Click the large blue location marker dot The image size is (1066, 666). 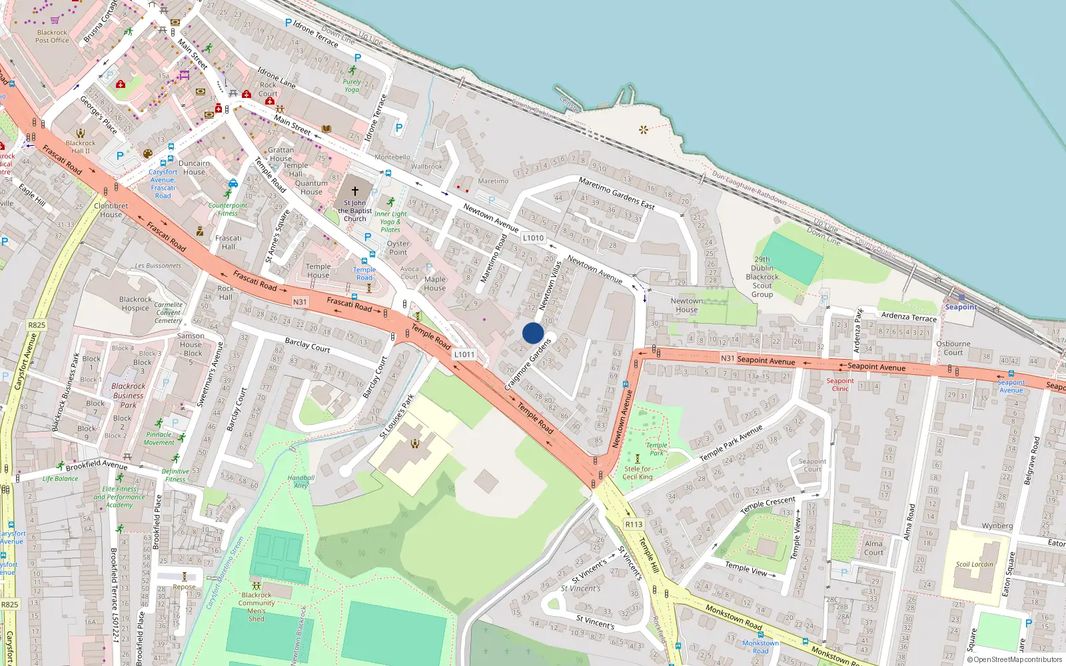pyautogui.click(x=533, y=333)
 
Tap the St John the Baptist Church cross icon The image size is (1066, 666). pyautogui.click(x=354, y=190)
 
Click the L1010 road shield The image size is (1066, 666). pyautogui.click(x=533, y=238)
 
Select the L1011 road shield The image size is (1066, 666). pyautogui.click(x=464, y=354)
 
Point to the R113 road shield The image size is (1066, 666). pyautogui.click(x=634, y=524)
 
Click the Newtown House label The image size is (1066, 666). pyautogui.click(x=686, y=305)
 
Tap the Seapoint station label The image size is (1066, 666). pyautogui.click(x=961, y=307)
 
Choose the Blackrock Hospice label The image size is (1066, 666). pyautogui.click(x=135, y=304)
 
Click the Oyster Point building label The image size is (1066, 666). pyautogui.click(x=398, y=248)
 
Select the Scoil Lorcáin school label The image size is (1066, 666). pyautogui.click(x=974, y=564)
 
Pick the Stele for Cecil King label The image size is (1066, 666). pyautogui.click(x=638, y=473)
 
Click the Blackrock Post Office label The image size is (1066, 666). pyautogui.click(x=52, y=36)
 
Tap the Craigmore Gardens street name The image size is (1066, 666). pyautogui.click(x=528, y=364)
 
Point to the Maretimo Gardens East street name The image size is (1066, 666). pyautogui.click(x=616, y=193)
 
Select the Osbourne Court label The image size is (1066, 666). pyautogui.click(x=953, y=348)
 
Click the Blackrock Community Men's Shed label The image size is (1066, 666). pyautogui.click(x=257, y=607)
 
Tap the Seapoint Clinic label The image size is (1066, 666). pyautogui.click(x=840, y=384)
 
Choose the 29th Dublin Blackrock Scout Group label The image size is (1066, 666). pyautogui.click(x=762, y=277)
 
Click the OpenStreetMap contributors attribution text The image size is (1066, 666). pyautogui.click(x=1014, y=660)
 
